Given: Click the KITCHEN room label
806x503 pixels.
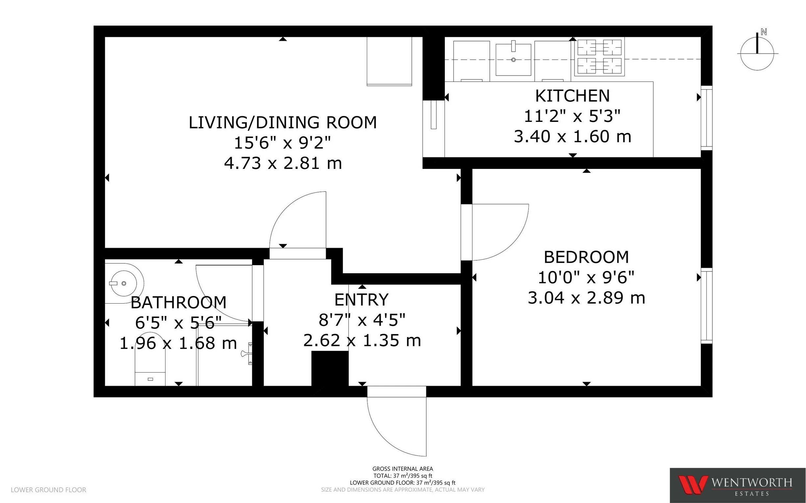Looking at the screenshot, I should click(572, 96).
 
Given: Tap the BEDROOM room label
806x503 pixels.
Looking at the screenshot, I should click(586, 257).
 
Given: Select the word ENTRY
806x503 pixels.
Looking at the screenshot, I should click(361, 300).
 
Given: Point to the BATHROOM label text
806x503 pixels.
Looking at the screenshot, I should click(179, 302).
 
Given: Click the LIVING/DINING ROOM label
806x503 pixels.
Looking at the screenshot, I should click(283, 123).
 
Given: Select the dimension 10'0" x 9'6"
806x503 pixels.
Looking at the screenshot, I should click(586, 277).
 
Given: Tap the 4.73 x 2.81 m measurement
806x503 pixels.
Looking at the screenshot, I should click(283, 163).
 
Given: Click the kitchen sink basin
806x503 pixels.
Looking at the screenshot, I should click(513, 60).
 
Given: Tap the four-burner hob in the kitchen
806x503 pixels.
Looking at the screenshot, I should click(599, 57).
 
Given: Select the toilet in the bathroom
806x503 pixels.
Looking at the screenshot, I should click(150, 359).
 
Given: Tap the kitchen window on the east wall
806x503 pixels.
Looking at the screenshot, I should click(706, 117).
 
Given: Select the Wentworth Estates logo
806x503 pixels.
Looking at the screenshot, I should click(737, 485).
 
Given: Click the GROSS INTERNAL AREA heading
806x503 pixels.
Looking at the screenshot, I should click(402, 469).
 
